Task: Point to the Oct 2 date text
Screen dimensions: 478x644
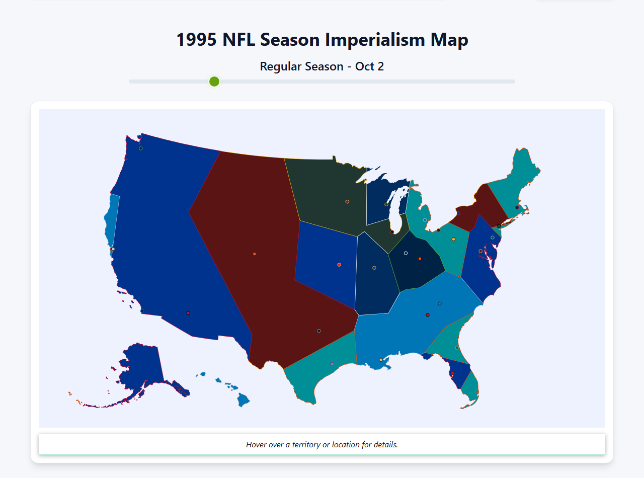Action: click(x=369, y=66)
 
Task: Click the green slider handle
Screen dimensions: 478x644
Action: click(x=214, y=82)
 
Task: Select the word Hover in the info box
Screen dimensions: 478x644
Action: click(x=257, y=445)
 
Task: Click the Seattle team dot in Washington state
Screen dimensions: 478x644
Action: click(x=141, y=148)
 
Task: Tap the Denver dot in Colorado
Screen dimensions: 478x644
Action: click(x=255, y=254)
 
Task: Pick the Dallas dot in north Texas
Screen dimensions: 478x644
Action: click(x=319, y=331)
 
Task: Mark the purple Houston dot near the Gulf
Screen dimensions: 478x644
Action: click(x=332, y=364)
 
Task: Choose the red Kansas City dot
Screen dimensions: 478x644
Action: click(x=339, y=265)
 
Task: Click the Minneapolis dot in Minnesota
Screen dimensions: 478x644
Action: click(x=347, y=202)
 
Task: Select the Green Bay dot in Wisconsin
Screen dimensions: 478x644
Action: click(x=386, y=204)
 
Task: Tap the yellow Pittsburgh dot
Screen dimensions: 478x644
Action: click(x=453, y=239)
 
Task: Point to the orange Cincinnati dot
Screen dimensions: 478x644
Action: click(x=420, y=259)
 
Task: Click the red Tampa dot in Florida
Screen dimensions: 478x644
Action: click(x=452, y=373)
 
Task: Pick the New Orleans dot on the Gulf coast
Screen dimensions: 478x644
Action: click(x=380, y=360)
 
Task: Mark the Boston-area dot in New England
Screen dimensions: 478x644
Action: click(x=517, y=207)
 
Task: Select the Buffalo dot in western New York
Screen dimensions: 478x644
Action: click(x=458, y=213)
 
